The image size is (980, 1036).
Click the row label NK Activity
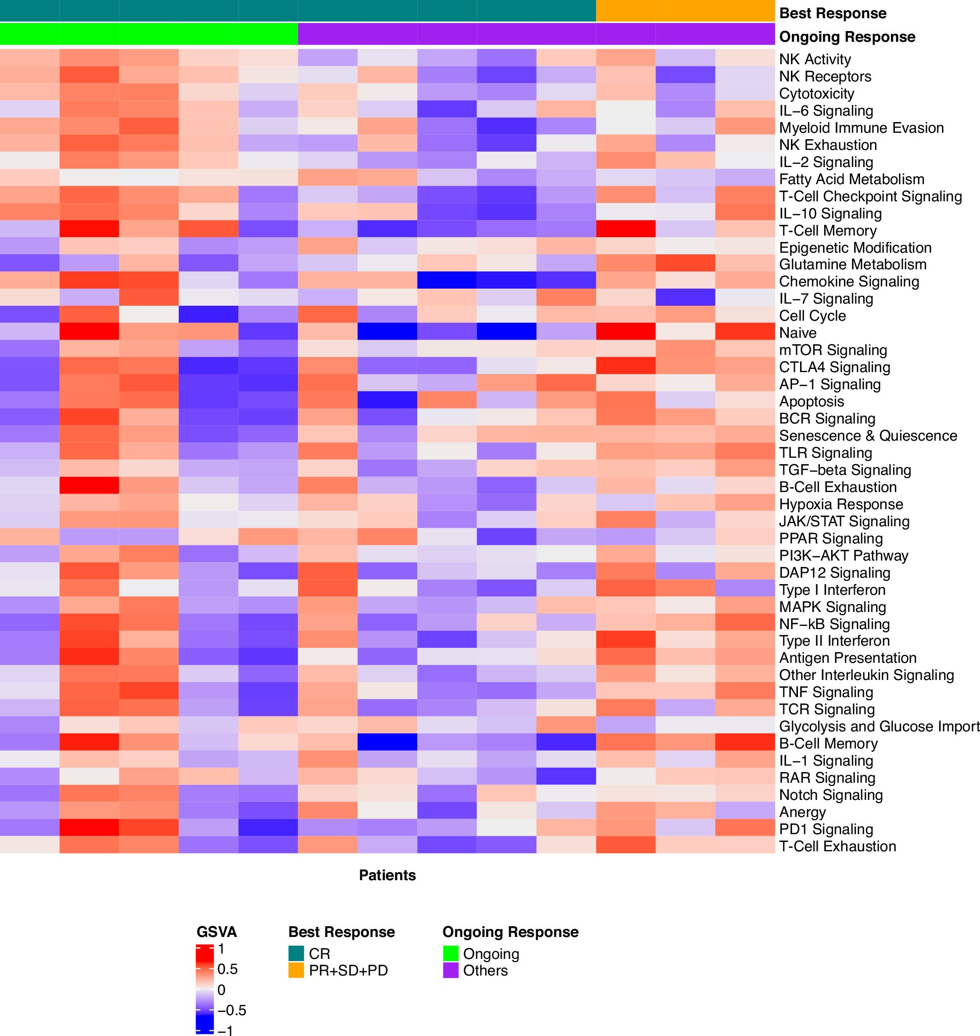pos(815,59)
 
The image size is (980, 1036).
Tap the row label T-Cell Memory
pos(827,231)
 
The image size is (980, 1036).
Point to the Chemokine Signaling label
pos(849,282)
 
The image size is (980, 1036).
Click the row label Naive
pos(797,333)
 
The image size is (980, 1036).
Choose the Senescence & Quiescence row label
pos(868,436)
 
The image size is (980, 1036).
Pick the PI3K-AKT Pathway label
pos(843,556)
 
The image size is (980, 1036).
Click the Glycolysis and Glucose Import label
pos(879,727)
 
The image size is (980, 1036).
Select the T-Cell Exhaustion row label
pos(837,846)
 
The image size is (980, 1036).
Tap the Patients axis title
pos(387,875)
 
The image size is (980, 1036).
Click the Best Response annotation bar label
pos(833,13)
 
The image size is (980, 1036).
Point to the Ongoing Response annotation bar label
pos(847,37)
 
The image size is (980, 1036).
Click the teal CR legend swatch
pos(296,953)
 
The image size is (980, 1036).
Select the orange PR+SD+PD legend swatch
pos(296,970)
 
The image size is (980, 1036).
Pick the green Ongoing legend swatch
pos(450,953)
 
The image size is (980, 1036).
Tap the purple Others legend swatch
pos(450,970)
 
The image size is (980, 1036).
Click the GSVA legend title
pos(216,932)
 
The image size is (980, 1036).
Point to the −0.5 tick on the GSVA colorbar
pos(231,1010)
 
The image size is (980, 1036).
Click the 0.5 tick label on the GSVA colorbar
pos(227,969)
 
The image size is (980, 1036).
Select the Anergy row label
pos(802,812)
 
